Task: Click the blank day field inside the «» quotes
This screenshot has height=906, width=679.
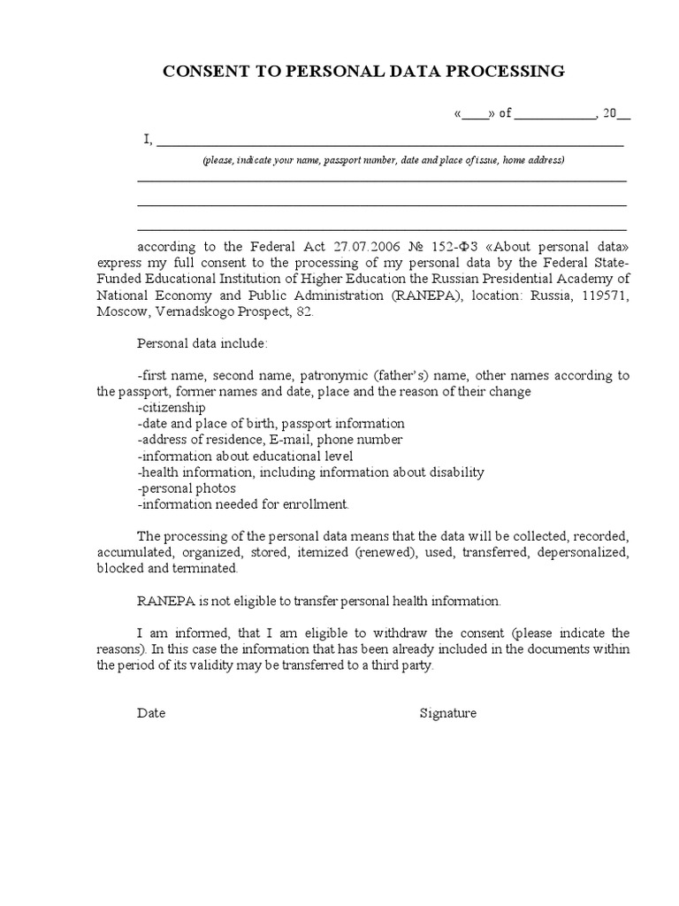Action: pos(473,113)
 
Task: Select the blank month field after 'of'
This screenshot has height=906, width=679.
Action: pos(555,113)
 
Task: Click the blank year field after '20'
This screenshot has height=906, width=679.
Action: pos(623,113)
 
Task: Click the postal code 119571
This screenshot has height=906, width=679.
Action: pos(603,296)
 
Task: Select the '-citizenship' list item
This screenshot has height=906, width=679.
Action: pos(172,407)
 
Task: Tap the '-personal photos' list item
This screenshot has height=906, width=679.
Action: pos(182,488)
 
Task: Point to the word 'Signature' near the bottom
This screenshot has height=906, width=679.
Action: pos(447,713)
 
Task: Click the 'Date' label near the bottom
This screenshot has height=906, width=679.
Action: pos(151,713)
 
